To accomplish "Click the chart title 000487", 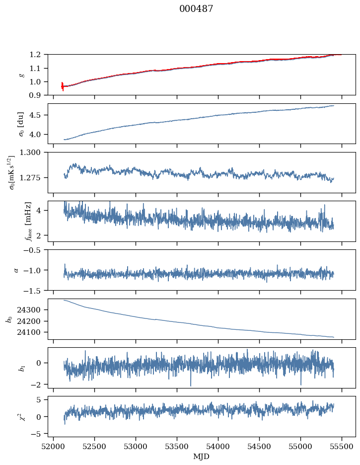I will click(x=196, y=9).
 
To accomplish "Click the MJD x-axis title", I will click(x=202, y=457).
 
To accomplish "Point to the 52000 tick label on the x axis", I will click(x=54, y=447).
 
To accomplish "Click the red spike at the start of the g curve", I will click(x=62, y=86).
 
